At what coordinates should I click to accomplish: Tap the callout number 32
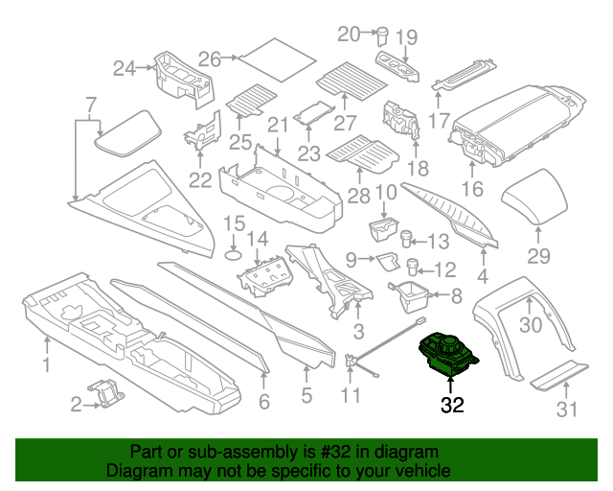tap(452, 406)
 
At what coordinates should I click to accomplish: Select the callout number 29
tap(539, 256)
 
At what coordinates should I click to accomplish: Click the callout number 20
tap(348, 34)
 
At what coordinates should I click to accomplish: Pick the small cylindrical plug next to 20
tap(381, 37)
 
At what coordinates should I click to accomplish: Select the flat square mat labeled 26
tap(277, 60)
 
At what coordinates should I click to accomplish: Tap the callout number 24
tap(125, 68)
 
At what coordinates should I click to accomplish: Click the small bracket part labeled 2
tap(107, 393)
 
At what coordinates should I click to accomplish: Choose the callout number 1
tap(45, 363)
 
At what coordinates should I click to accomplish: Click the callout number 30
tap(530, 325)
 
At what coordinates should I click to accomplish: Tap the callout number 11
tap(352, 395)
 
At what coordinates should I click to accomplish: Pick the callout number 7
tap(91, 105)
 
